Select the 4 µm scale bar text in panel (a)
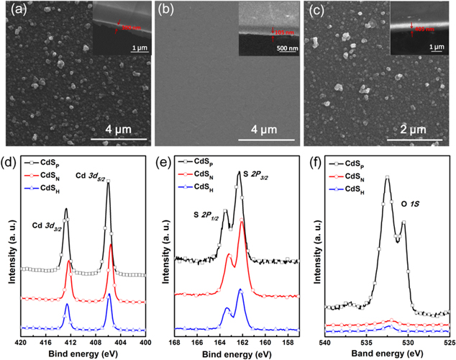(x=119, y=130)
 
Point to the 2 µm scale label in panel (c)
(x=420, y=130)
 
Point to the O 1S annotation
(x=411, y=204)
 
